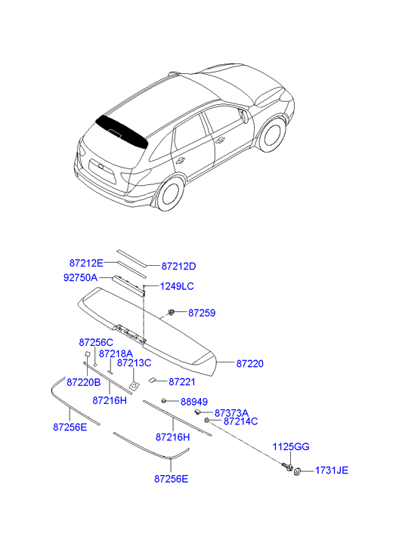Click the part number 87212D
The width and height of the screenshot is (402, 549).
click(178, 267)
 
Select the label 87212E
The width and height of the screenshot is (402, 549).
click(86, 263)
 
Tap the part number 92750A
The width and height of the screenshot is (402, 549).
click(81, 278)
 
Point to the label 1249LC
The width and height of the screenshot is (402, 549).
click(177, 286)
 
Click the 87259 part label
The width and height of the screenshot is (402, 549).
click(202, 313)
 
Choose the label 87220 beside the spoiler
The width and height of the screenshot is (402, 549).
click(250, 364)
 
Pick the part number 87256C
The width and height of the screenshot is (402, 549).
click(96, 342)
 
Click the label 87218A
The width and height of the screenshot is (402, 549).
click(116, 354)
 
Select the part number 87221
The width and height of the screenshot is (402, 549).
click(182, 382)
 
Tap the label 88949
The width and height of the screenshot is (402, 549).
click(194, 402)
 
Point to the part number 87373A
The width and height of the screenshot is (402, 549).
click(231, 413)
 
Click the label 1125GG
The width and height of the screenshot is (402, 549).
click(291, 447)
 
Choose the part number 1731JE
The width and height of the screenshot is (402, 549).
click(332, 470)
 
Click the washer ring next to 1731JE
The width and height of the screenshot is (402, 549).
click(297, 472)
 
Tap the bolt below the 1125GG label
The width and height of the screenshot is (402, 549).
click(287, 467)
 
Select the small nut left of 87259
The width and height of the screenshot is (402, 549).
click(172, 313)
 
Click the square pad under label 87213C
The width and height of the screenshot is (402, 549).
click(134, 386)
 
